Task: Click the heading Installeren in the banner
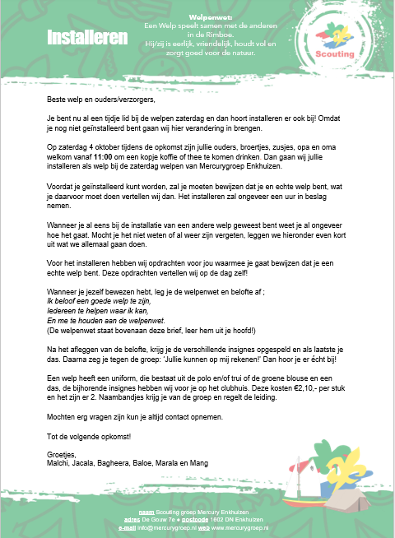pos(86,38)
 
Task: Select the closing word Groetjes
pos(62,454)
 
